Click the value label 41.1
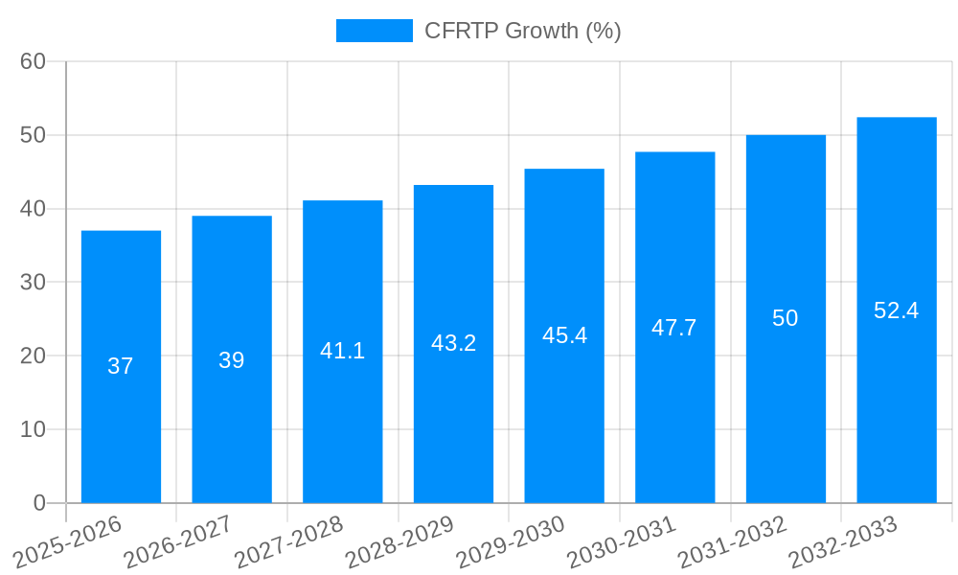click(343, 351)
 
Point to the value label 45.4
click(564, 335)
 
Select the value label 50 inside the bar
click(786, 318)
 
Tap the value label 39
click(232, 360)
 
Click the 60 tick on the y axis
click(34, 61)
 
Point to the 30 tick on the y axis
click(34, 283)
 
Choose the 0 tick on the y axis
click(39, 503)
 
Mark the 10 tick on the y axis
click(34, 429)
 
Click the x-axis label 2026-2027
click(179, 541)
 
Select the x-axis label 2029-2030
click(511, 541)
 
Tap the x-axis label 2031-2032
click(733, 541)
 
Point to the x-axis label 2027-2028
click(289, 541)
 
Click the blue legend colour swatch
click(374, 31)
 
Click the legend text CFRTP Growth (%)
click(522, 31)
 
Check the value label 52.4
click(897, 310)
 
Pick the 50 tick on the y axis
click(34, 135)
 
